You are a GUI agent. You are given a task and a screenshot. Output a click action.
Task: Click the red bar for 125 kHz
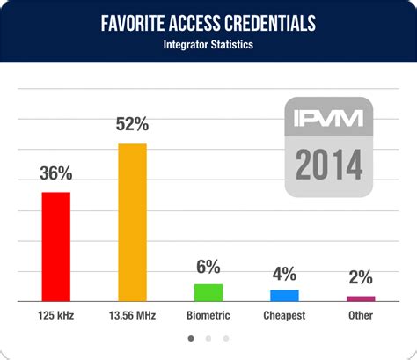pos(56,246)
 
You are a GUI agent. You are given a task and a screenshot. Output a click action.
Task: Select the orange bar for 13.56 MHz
pos(132,223)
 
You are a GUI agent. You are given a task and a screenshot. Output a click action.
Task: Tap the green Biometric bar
pos(208,292)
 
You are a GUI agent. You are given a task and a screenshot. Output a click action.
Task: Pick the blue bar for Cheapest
pos(284,296)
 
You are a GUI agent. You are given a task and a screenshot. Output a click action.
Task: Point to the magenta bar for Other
pos(361,298)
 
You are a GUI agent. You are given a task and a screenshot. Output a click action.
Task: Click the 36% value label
pos(56,173)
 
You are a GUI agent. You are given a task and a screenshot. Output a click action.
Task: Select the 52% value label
pos(132,125)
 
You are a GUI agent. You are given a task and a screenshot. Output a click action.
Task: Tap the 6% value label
pos(208,267)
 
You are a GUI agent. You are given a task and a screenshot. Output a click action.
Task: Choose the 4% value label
pos(284,273)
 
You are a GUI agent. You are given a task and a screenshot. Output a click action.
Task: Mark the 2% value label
pos(361,278)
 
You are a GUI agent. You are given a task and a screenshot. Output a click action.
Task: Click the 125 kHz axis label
pos(56,315)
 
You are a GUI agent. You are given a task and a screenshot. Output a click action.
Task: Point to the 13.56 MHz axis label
pos(132,315)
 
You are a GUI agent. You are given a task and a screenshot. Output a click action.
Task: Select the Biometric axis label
pos(208,315)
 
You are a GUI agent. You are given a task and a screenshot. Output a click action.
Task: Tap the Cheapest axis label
pos(284,315)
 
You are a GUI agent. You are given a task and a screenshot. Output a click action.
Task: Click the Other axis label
pos(361,315)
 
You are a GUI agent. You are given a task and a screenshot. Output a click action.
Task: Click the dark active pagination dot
pos(191,337)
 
